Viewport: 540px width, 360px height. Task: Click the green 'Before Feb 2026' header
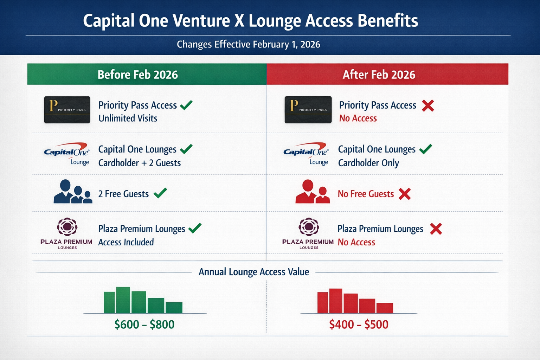(138, 75)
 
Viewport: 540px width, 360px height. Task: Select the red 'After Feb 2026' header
(379, 75)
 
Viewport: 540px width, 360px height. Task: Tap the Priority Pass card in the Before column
(67, 110)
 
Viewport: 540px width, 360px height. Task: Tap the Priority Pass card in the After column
(308, 110)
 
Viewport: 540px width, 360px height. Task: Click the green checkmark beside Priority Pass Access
(186, 105)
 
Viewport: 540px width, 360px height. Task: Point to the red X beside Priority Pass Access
(428, 105)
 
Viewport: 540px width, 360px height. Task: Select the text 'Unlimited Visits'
(128, 118)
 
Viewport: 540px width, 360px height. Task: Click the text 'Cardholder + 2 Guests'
(140, 163)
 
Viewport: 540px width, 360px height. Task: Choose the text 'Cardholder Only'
(368, 163)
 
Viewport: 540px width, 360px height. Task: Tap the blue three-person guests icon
(73, 192)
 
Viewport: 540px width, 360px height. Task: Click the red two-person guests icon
(313, 192)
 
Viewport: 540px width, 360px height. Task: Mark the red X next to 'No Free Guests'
(405, 194)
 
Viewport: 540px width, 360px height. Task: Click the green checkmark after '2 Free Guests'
(160, 193)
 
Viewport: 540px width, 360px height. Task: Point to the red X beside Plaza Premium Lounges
(436, 229)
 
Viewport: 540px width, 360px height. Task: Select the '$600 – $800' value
(144, 324)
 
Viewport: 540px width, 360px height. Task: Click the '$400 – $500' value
(359, 324)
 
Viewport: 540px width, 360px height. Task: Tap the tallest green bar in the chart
(123, 300)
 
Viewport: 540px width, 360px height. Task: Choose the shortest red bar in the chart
(385, 308)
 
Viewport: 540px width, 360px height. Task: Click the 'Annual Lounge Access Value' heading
(254, 272)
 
